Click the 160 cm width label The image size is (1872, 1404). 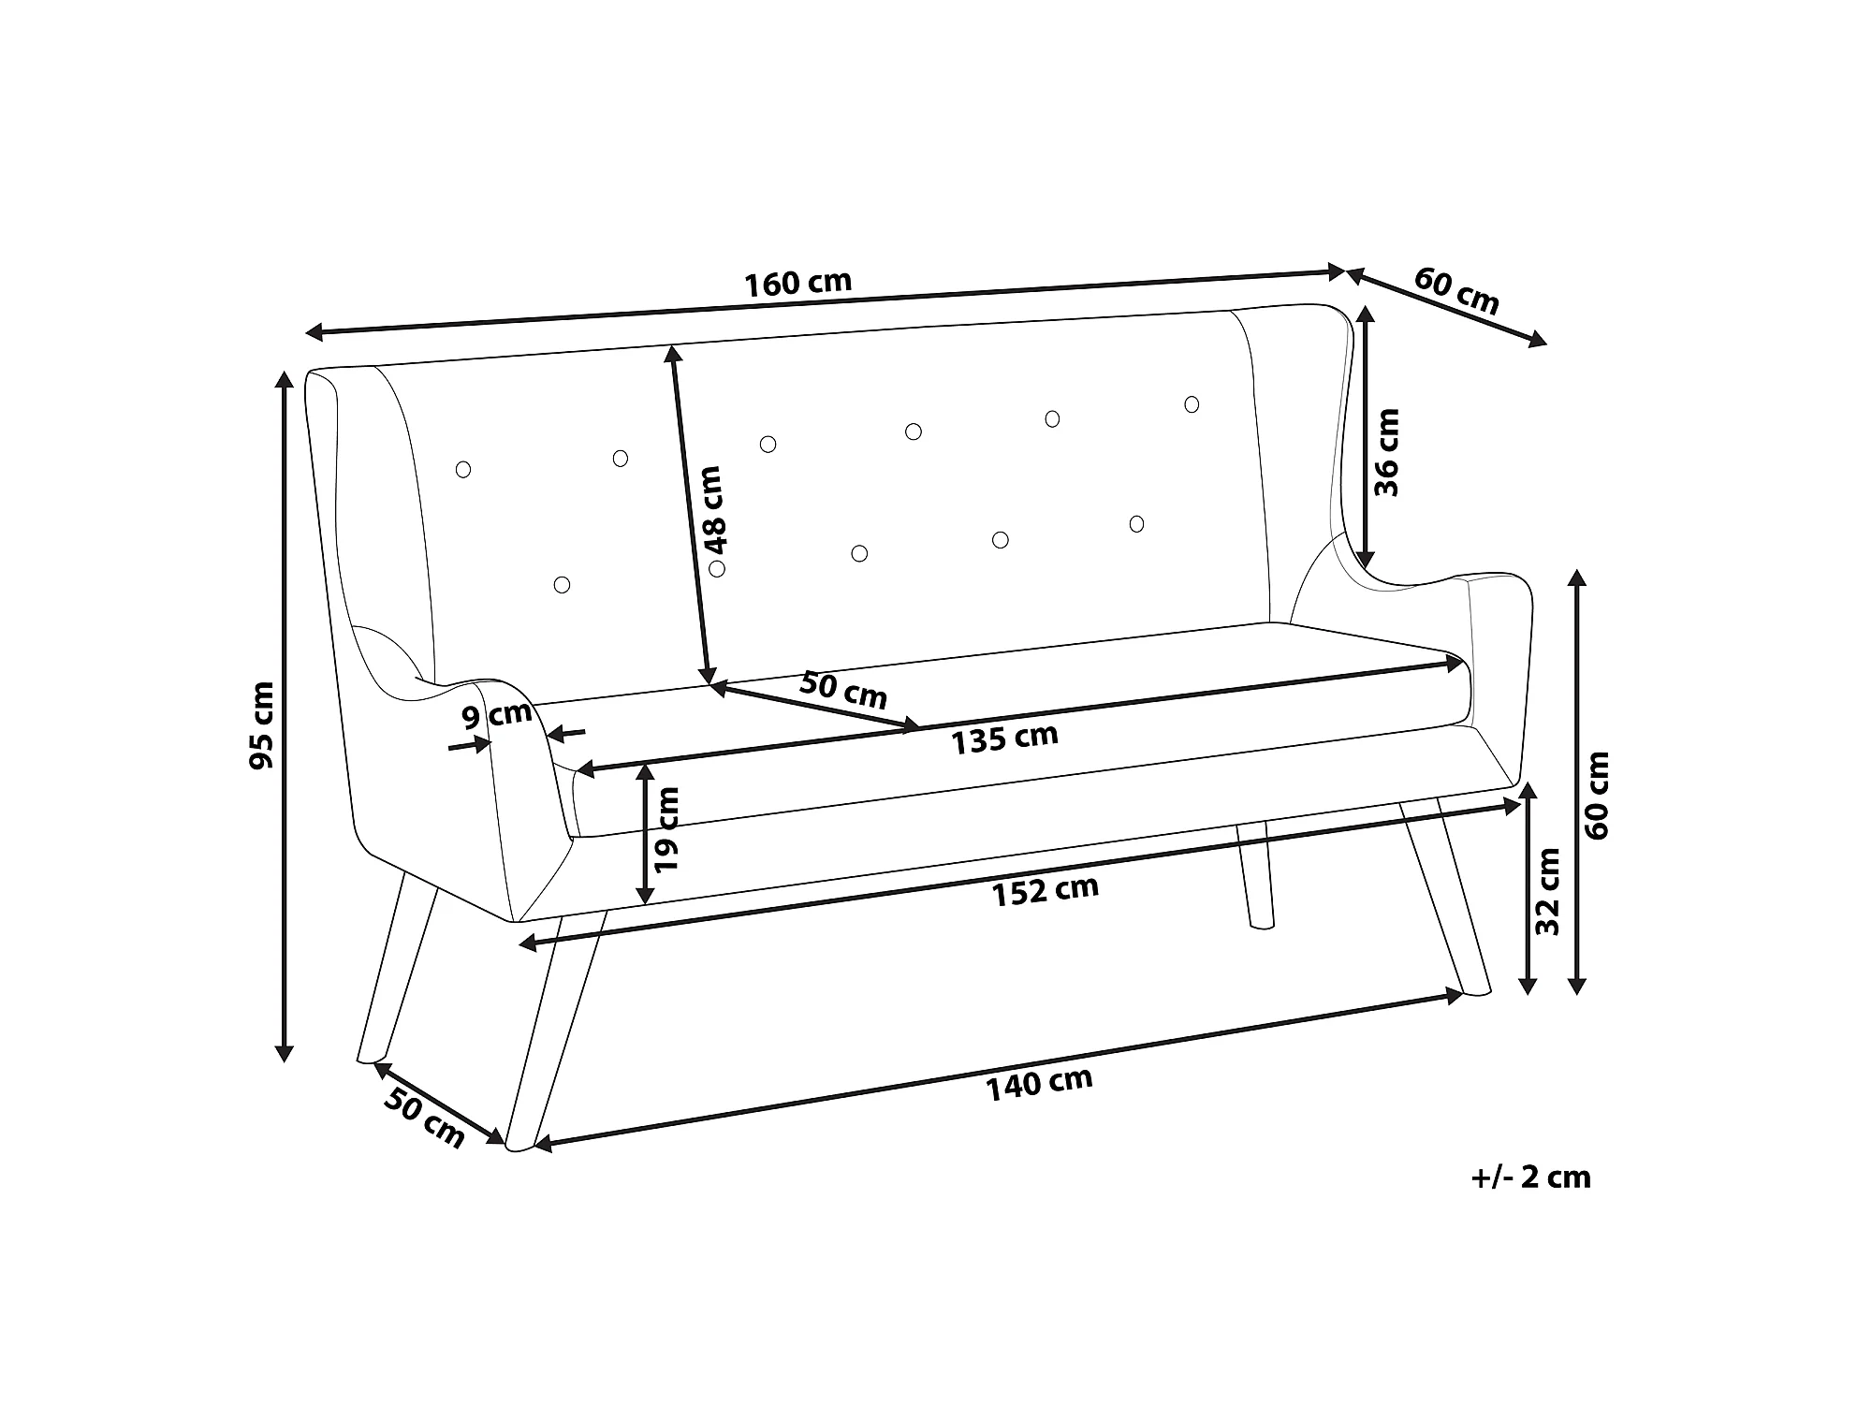pyautogui.click(x=797, y=283)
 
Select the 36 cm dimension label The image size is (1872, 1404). pyautogui.click(x=1385, y=452)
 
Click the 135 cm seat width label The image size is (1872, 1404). pyautogui.click(x=1004, y=739)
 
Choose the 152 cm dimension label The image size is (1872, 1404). pyautogui.click(x=1046, y=890)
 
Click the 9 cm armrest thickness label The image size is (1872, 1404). pyautogui.click(x=497, y=716)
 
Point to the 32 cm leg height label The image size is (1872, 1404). pyautogui.click(x=1548, y=891)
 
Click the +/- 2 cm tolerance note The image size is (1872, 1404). pyautogui.click(x=1530, y=1177)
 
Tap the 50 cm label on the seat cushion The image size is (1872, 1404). pyautogui.click(x=842, y=690)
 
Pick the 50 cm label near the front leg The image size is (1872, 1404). pyautogui.click(x=424, y=1119)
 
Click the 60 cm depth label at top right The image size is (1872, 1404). pyautogui.click(x=1456, y=290)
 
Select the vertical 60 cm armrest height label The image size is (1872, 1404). pyautogui.click(x=1597, y=795)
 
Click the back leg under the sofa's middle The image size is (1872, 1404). pyautogui.click(x=1254, y=876)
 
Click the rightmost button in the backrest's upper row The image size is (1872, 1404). pyautogui.click(x=1192, y=404)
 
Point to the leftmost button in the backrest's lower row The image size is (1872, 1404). pyautogui.click(x=562, y=585)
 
